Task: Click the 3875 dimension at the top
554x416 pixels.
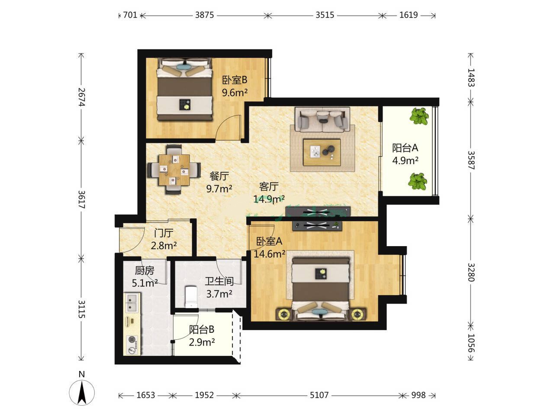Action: click(x=204, y=15)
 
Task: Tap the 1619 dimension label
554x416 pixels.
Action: click(x=409, y=15)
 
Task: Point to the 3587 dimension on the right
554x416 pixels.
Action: click(x=471, y=160)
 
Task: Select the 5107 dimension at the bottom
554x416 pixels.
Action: click(x=319, y=395)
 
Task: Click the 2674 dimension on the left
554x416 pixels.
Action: click(x=81, y=97)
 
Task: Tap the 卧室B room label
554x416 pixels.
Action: click(x=235, y=80)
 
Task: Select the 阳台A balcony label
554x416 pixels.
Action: click(x=405, y=148)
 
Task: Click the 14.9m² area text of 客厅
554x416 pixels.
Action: click(x=269, y=199)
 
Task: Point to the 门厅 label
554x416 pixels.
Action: click(x=164, y=233)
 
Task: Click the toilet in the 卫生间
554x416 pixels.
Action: click(x=191, y=296)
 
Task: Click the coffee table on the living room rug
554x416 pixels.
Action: click(x=322, y=152)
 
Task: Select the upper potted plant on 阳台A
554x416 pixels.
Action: click(x=419, y=116)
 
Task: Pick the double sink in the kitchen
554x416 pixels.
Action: click(x=132, y=302)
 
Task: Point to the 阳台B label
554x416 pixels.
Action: click(x=202, y=329)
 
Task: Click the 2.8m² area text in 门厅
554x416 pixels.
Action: click(x=164, y=245)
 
